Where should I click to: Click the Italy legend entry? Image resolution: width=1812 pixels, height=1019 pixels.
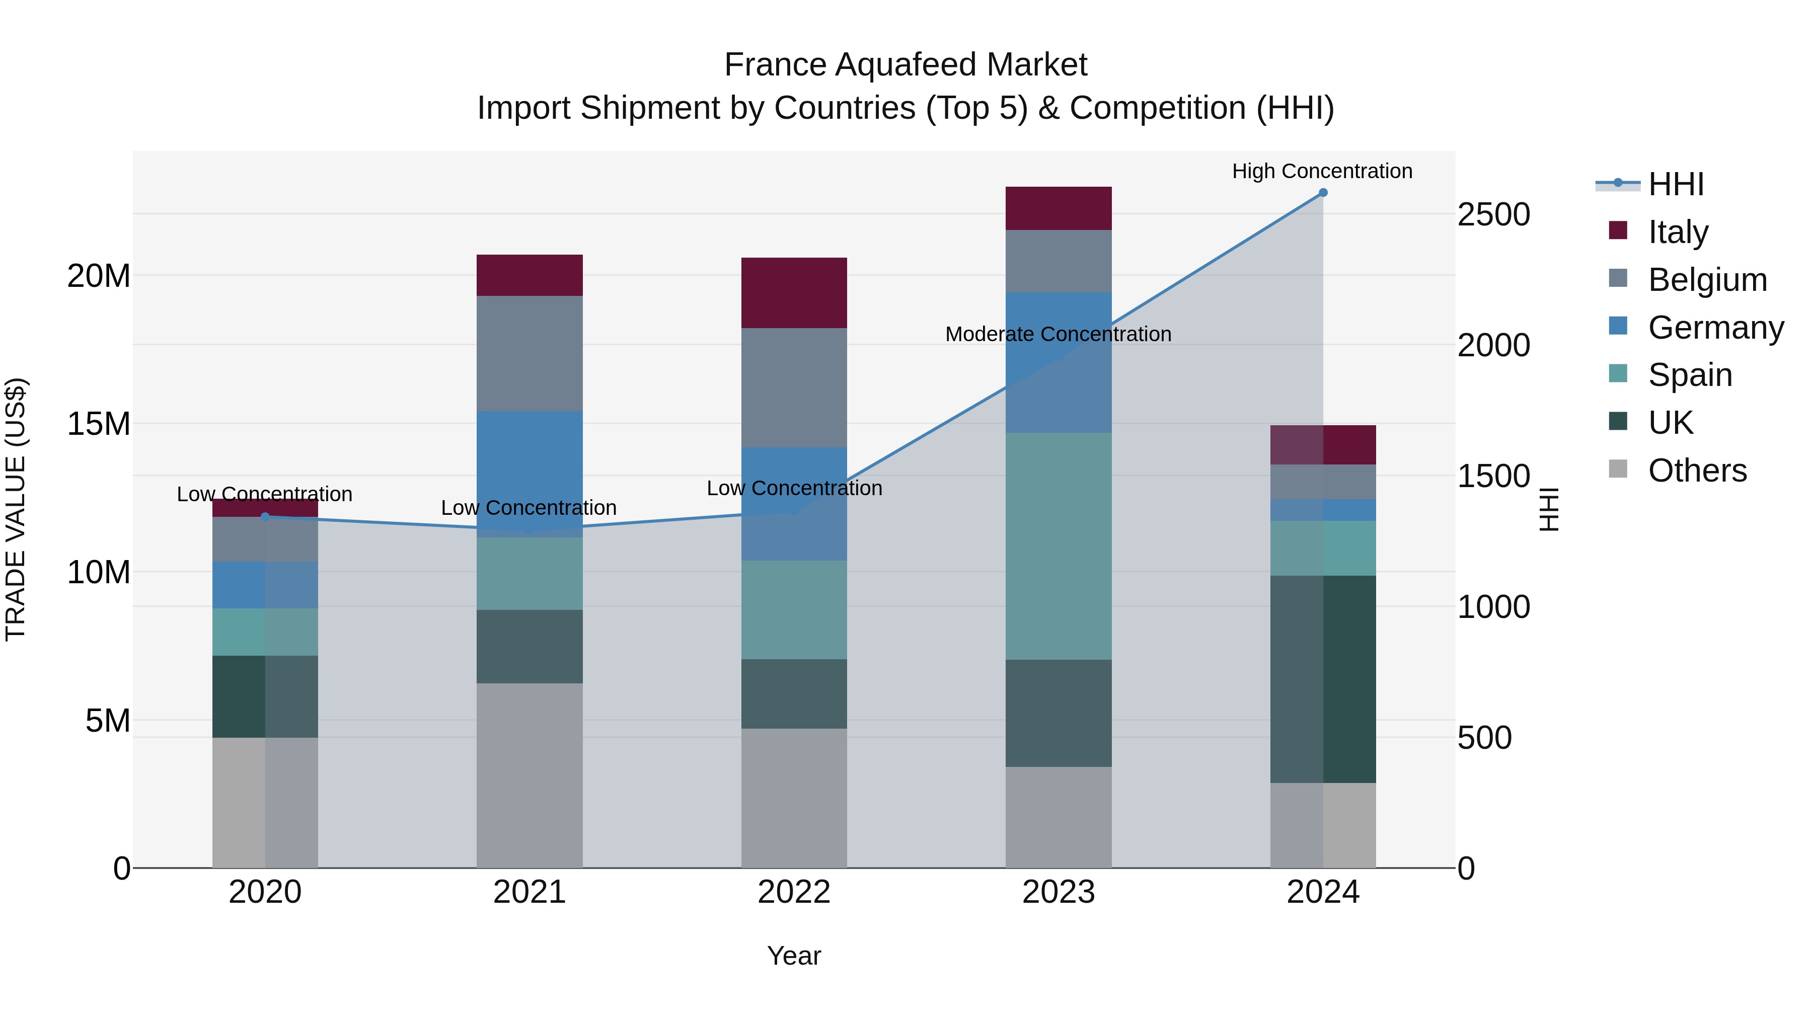(1678, 231)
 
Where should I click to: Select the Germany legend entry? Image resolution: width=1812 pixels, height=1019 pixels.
(1715, 327)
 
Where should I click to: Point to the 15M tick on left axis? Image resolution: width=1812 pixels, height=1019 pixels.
(99, 424)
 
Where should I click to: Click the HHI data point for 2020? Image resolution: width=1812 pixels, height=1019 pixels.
(265, 517)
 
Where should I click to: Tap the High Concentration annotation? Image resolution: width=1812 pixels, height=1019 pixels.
(1322, 171)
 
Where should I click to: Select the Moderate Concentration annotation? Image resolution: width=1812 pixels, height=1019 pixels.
(1058, 334)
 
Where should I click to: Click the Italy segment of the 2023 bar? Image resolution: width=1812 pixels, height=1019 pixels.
(1058, 208)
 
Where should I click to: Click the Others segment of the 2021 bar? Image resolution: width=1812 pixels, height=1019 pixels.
(529, 775)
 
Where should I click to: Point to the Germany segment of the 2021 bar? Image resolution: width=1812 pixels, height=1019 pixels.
(529, 464)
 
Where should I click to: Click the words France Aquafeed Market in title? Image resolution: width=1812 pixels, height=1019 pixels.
(905, 65)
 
